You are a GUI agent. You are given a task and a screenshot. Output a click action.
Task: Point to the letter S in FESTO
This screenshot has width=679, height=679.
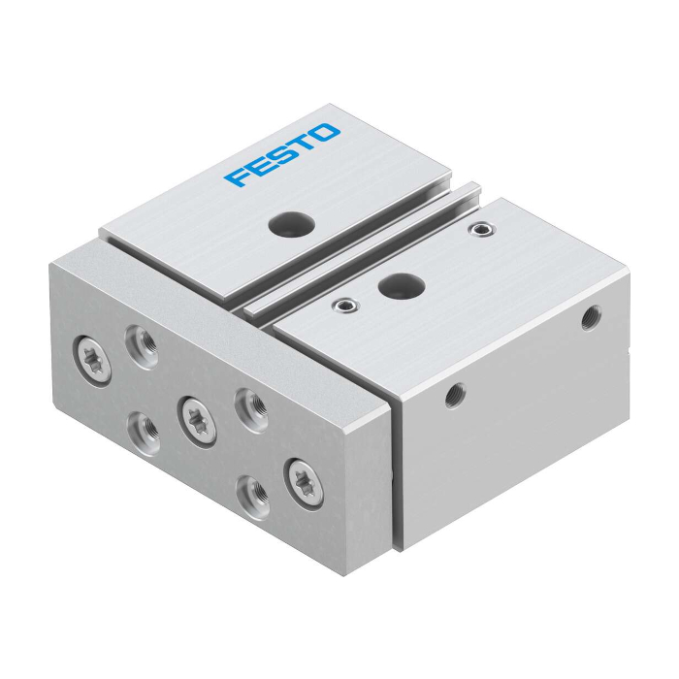pos(279,154)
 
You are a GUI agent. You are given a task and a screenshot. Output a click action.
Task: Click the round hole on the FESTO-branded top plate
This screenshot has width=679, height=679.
pos(291,222)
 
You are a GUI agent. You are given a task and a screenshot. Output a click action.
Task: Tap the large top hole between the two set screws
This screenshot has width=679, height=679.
pos(402,284)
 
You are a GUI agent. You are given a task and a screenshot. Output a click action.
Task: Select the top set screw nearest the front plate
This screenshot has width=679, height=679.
pos(345,307)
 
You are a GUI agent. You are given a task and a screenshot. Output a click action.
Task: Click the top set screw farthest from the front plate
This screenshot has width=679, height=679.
pos(482,229)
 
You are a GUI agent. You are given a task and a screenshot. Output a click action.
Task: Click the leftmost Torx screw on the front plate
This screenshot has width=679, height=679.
pos(92,362)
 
